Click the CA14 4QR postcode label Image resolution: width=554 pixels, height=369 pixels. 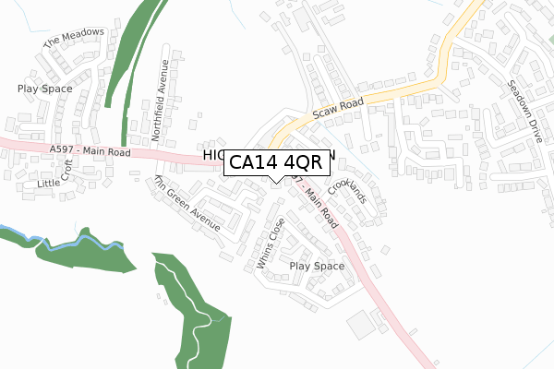tap(274, 162)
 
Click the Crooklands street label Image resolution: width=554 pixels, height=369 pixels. tap(347, 190)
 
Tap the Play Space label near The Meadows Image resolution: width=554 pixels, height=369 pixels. tap(44, 89)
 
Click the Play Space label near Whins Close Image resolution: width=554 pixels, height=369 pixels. tap(317, 267)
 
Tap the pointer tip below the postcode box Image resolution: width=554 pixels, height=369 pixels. tap(274, 182)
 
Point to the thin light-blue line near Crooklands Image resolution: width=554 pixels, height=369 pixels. tap(365, 169)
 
